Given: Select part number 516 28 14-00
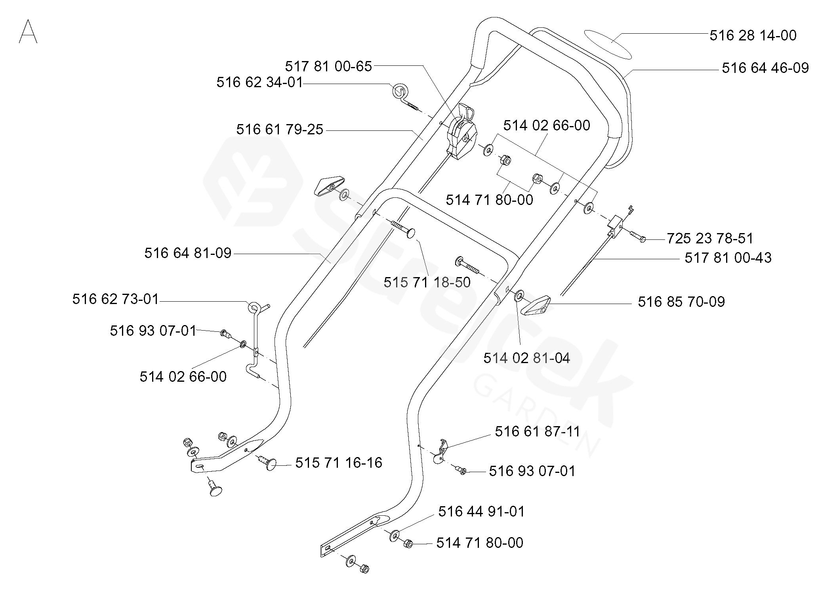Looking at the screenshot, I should click(x=753, y=35).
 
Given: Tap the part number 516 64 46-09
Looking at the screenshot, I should click(x=765, y=68).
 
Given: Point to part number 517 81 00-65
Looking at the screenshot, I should click(x=328, y=66).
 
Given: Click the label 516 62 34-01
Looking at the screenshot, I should click(x=259, y=82).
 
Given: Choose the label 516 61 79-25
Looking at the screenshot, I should click(x=280, y=130).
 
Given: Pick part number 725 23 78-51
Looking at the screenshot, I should click(x=710, y=238).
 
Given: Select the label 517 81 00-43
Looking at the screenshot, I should click(x=728, y=258).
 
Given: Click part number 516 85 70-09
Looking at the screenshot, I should click(x=681, y=302).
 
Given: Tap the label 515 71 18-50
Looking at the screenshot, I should click(x=427, y=282).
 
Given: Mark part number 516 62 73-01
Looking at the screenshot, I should click(x=115, y=299).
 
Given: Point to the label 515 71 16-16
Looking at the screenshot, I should click(x=339, y=463).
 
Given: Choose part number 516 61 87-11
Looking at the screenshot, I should click(x=538, y=431).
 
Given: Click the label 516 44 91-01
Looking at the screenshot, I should click(x=481, y=511).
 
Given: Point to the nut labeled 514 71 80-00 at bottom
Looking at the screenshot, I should click(x=408, y=544).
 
